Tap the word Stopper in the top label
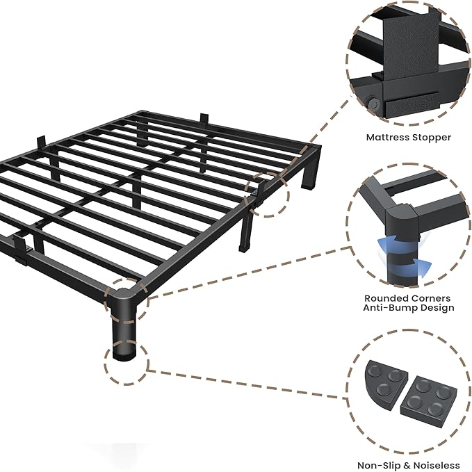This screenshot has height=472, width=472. (432, 138)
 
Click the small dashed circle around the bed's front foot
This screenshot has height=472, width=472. (127, 361)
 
